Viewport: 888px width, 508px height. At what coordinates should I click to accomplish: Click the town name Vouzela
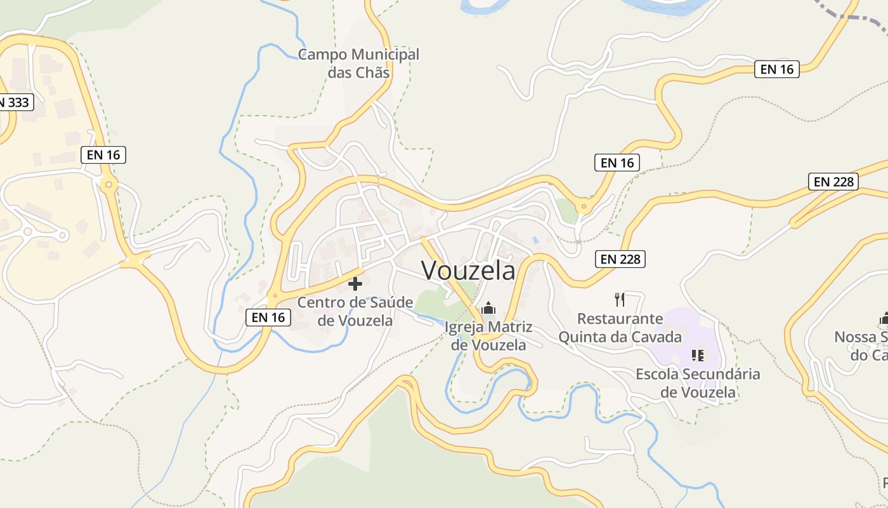pyautogui.click(x=468, y=271)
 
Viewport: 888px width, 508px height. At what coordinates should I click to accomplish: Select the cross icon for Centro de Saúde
pyautogui.click(x=355, y=283)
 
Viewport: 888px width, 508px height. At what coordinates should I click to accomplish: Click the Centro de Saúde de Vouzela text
pyautogui.click(x=355, y=311)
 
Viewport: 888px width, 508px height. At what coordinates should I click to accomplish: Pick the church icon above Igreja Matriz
pyautogui.click(x=488, y=309)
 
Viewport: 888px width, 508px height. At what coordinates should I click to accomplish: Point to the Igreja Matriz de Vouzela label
pyautogui.click(x=488, y=337)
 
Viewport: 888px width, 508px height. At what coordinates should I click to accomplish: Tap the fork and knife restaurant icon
pyautogui.click(x=620, y=299)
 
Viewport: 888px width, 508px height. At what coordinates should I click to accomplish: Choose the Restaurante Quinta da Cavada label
pyautogui.click(x=620, y=328)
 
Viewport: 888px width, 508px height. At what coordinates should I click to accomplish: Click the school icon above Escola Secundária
pyautogui.click(x=698, y=355)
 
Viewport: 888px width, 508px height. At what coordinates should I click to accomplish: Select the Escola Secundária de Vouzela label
pyautogui.click(x=698, y=383)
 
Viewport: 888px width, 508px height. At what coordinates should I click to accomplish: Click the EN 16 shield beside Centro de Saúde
pyautogui.click(x=268, y=317)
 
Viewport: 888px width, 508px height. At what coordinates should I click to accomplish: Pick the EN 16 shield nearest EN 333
pyautogui.click(x=103, y=154)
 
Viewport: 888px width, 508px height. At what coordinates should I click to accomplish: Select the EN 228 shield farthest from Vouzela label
pyautogui.click(x=833, y=182)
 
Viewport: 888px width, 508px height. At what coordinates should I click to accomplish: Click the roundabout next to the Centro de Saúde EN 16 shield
pyautogui.click(x=274, y=296)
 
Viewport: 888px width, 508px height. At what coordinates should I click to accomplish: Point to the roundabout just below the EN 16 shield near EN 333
pyautogui.click(x=108, y=185)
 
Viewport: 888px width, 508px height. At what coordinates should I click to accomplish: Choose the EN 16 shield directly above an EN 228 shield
pyautogui.click(x=617, y=163)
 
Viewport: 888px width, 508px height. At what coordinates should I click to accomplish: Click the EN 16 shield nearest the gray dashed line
pyautogui.click(x=776, y=69)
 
